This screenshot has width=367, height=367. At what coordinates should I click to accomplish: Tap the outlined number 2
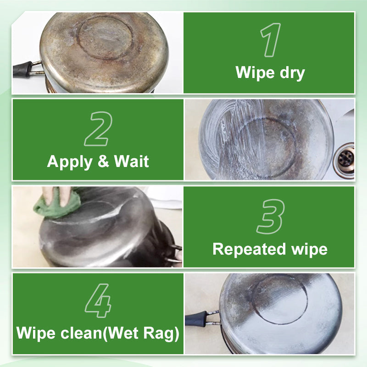pyautogui.click(x=97, y=128)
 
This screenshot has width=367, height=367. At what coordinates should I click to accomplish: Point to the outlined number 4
pyautogui.click(x=98, y=301)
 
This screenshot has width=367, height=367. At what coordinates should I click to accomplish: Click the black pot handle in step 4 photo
pyautogui.click(x=196, y=318)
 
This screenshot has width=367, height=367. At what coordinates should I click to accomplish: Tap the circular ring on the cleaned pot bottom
pyautogui.click(x=280, y=300)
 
